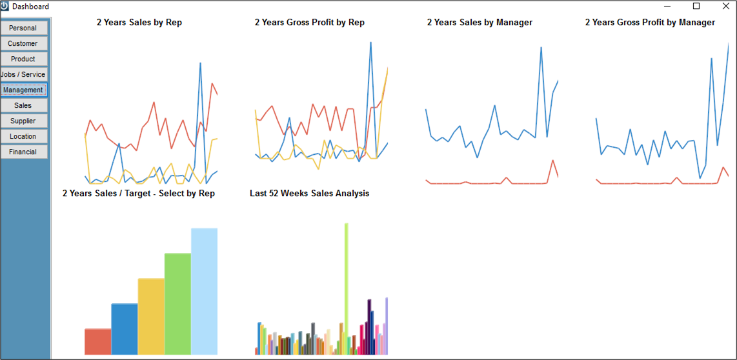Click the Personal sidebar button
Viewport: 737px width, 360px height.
(x=24, y=28)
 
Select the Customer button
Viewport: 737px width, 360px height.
(x=24, y=43)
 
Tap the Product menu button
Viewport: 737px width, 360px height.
(x=24, y=59)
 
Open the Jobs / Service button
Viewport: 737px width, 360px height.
(x=24, y=74)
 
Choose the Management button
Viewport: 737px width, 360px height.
(x=24, y=90)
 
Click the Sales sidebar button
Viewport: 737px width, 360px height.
(x=24, y=105)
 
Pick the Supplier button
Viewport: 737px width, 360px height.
(x=24, y=121)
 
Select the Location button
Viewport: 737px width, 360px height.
(x=24, y=136)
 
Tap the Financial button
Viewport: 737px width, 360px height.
(x=24, y=152)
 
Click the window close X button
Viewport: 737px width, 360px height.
(x=725, y=6)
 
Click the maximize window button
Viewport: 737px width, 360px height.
(x=696, y=6)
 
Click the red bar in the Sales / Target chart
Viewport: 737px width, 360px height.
(x=97, y=342)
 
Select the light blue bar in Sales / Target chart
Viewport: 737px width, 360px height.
(x=205, y=292)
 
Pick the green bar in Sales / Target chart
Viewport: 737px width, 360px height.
(x=177, y=304)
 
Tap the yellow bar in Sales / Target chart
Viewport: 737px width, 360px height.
(x=151, y=316)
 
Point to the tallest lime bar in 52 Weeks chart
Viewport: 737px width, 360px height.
(x=347, y=288)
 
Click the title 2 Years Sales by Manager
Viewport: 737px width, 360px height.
(x=480, y=23)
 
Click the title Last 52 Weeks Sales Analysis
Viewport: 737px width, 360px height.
(x=309, y=193)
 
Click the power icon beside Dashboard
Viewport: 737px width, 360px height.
(x=5, y=6)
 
